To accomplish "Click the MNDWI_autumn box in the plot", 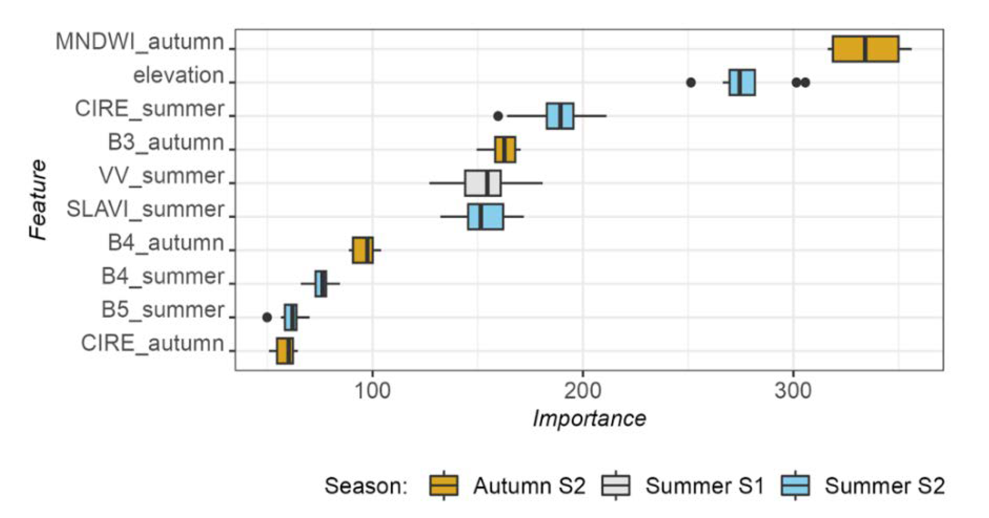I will pyautogui.click(x=865, y=49).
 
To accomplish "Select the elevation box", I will pyautogui.click(x=741, y=82).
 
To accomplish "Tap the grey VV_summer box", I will pyautogui.click(x=482, y=183).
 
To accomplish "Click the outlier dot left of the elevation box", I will pyautogui.click(x=691, y=83).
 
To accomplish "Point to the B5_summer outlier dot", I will pyautogui.click(x=267, y=318).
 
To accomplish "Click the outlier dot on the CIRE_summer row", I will pyautogui.click(x=498, y=116).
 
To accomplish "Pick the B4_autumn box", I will pyautogui.click(x=362, y=250).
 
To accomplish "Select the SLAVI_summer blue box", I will pyautogui.click(x=485, y=217).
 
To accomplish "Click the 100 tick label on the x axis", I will pyautogui.click(x=372, y=391).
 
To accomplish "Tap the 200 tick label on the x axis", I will pyautogui.click(x=582, y=391).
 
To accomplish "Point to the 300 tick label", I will pyautogui.click(x=793, y=391).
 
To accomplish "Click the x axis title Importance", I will pyautogui.click(x=589, y=419).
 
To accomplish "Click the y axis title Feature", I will pyautogui.click(x=38, y=200).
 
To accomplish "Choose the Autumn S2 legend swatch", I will pyautogui.click(x=443, y=485).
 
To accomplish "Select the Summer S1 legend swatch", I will pyautogui.click(x=616, y=485).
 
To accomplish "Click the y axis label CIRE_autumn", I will pyautogui.click(x=152, y=344).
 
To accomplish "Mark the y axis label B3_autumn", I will pyautogui.click(x=166, y=143).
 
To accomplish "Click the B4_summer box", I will pyautogui.click(x=320, y=284).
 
